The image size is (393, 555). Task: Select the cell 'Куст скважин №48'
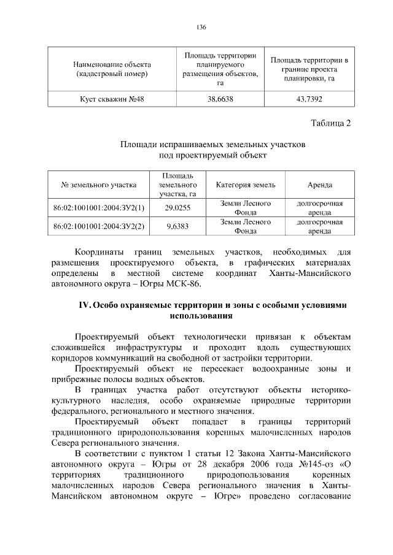(x=112, y=100)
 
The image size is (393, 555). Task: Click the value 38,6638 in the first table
(x=220, y=100)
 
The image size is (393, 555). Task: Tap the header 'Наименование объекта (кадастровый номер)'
(x=112, y=69)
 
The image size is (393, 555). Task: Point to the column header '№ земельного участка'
(x=99, y=185)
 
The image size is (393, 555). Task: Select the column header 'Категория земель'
(x=245, y=185)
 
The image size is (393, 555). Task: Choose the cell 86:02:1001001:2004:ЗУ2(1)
(x=99, y=208)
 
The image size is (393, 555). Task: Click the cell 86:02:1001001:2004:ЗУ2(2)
(x=99, y=226)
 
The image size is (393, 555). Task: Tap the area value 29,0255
(x=178, y=208)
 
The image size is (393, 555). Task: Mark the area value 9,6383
(x=178, y=226)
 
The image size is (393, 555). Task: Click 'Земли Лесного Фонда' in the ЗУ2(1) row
(x=245, y=208)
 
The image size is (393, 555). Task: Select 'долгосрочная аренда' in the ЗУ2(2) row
(x=319, y=226)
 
